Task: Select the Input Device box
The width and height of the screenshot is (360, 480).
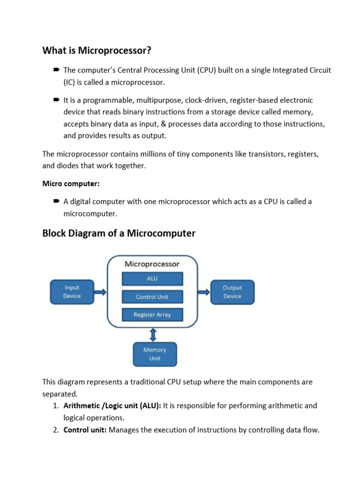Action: click(x=72, y=292)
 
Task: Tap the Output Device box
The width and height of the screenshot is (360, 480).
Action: click(x=232, y=292)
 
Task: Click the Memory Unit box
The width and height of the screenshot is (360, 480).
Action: click(x=155, y=354)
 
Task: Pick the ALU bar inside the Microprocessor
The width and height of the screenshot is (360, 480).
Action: click(x=152, y=278)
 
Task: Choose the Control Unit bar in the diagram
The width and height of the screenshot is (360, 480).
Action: click(x=152, y=297)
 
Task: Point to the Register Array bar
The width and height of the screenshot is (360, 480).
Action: click(x=152, y=315)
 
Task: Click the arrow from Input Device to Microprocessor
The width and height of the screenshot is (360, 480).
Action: click(x=100, y=292)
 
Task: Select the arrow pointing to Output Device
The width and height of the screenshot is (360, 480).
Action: click(x=203, y=292)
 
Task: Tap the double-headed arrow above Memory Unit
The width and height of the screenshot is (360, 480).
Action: click(x=153, y=335)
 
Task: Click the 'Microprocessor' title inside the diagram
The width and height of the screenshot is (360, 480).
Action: click(x=152, y=264)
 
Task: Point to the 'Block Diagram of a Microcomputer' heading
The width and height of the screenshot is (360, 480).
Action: click(x=119, y=233)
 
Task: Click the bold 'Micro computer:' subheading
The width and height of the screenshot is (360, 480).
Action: click(x=71, y=184)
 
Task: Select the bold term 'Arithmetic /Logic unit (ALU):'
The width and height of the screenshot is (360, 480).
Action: click(x=112, y=405)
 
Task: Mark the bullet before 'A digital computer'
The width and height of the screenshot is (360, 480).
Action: click(x=56, y=201)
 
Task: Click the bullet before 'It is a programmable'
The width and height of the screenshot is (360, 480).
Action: click(x=56, y=100)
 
